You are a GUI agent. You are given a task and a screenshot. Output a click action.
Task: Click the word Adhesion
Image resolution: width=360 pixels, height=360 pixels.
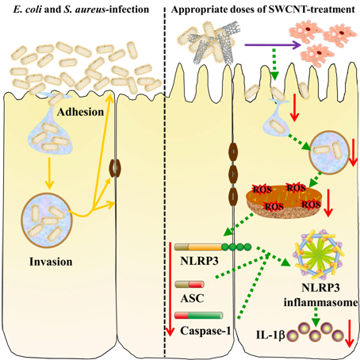(80, 112)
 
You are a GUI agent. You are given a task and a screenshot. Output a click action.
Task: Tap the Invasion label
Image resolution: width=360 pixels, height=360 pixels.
(51, 262)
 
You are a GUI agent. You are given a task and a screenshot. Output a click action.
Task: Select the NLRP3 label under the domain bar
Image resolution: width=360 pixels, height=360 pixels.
(199, 261)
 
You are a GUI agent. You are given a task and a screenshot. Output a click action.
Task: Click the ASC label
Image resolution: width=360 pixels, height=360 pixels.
(192, 298)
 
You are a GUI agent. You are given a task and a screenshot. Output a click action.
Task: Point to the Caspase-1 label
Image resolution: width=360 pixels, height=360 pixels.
(205, 331)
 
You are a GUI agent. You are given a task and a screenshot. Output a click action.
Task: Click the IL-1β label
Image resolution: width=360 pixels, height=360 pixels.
(270, 335)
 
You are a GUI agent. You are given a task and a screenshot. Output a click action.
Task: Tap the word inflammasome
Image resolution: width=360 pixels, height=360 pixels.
(321, 302)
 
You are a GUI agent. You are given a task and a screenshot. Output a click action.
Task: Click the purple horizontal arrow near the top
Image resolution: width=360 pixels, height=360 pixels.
(273, 45)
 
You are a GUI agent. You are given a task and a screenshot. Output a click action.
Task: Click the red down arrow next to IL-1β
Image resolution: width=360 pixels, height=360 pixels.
(349, 334)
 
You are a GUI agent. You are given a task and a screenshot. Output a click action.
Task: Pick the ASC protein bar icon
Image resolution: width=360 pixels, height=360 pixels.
(190, 285)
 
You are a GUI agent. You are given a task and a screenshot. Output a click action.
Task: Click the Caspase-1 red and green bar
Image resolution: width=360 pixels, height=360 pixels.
(198, 316)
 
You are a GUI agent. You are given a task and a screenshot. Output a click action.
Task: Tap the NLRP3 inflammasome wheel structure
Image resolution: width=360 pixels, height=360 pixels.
(319, 255)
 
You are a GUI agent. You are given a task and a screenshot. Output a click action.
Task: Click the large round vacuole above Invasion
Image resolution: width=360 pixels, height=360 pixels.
(47, 220)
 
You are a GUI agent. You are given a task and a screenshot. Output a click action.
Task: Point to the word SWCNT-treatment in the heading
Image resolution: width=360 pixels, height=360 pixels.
(312, 10)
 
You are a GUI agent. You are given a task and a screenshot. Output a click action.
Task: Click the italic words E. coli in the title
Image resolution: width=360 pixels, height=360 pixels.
(28, 10)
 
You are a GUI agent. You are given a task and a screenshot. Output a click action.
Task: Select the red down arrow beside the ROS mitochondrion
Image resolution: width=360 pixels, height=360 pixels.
(328, 203)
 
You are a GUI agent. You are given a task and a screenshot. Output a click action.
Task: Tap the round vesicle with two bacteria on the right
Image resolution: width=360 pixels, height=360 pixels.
(330, 153)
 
